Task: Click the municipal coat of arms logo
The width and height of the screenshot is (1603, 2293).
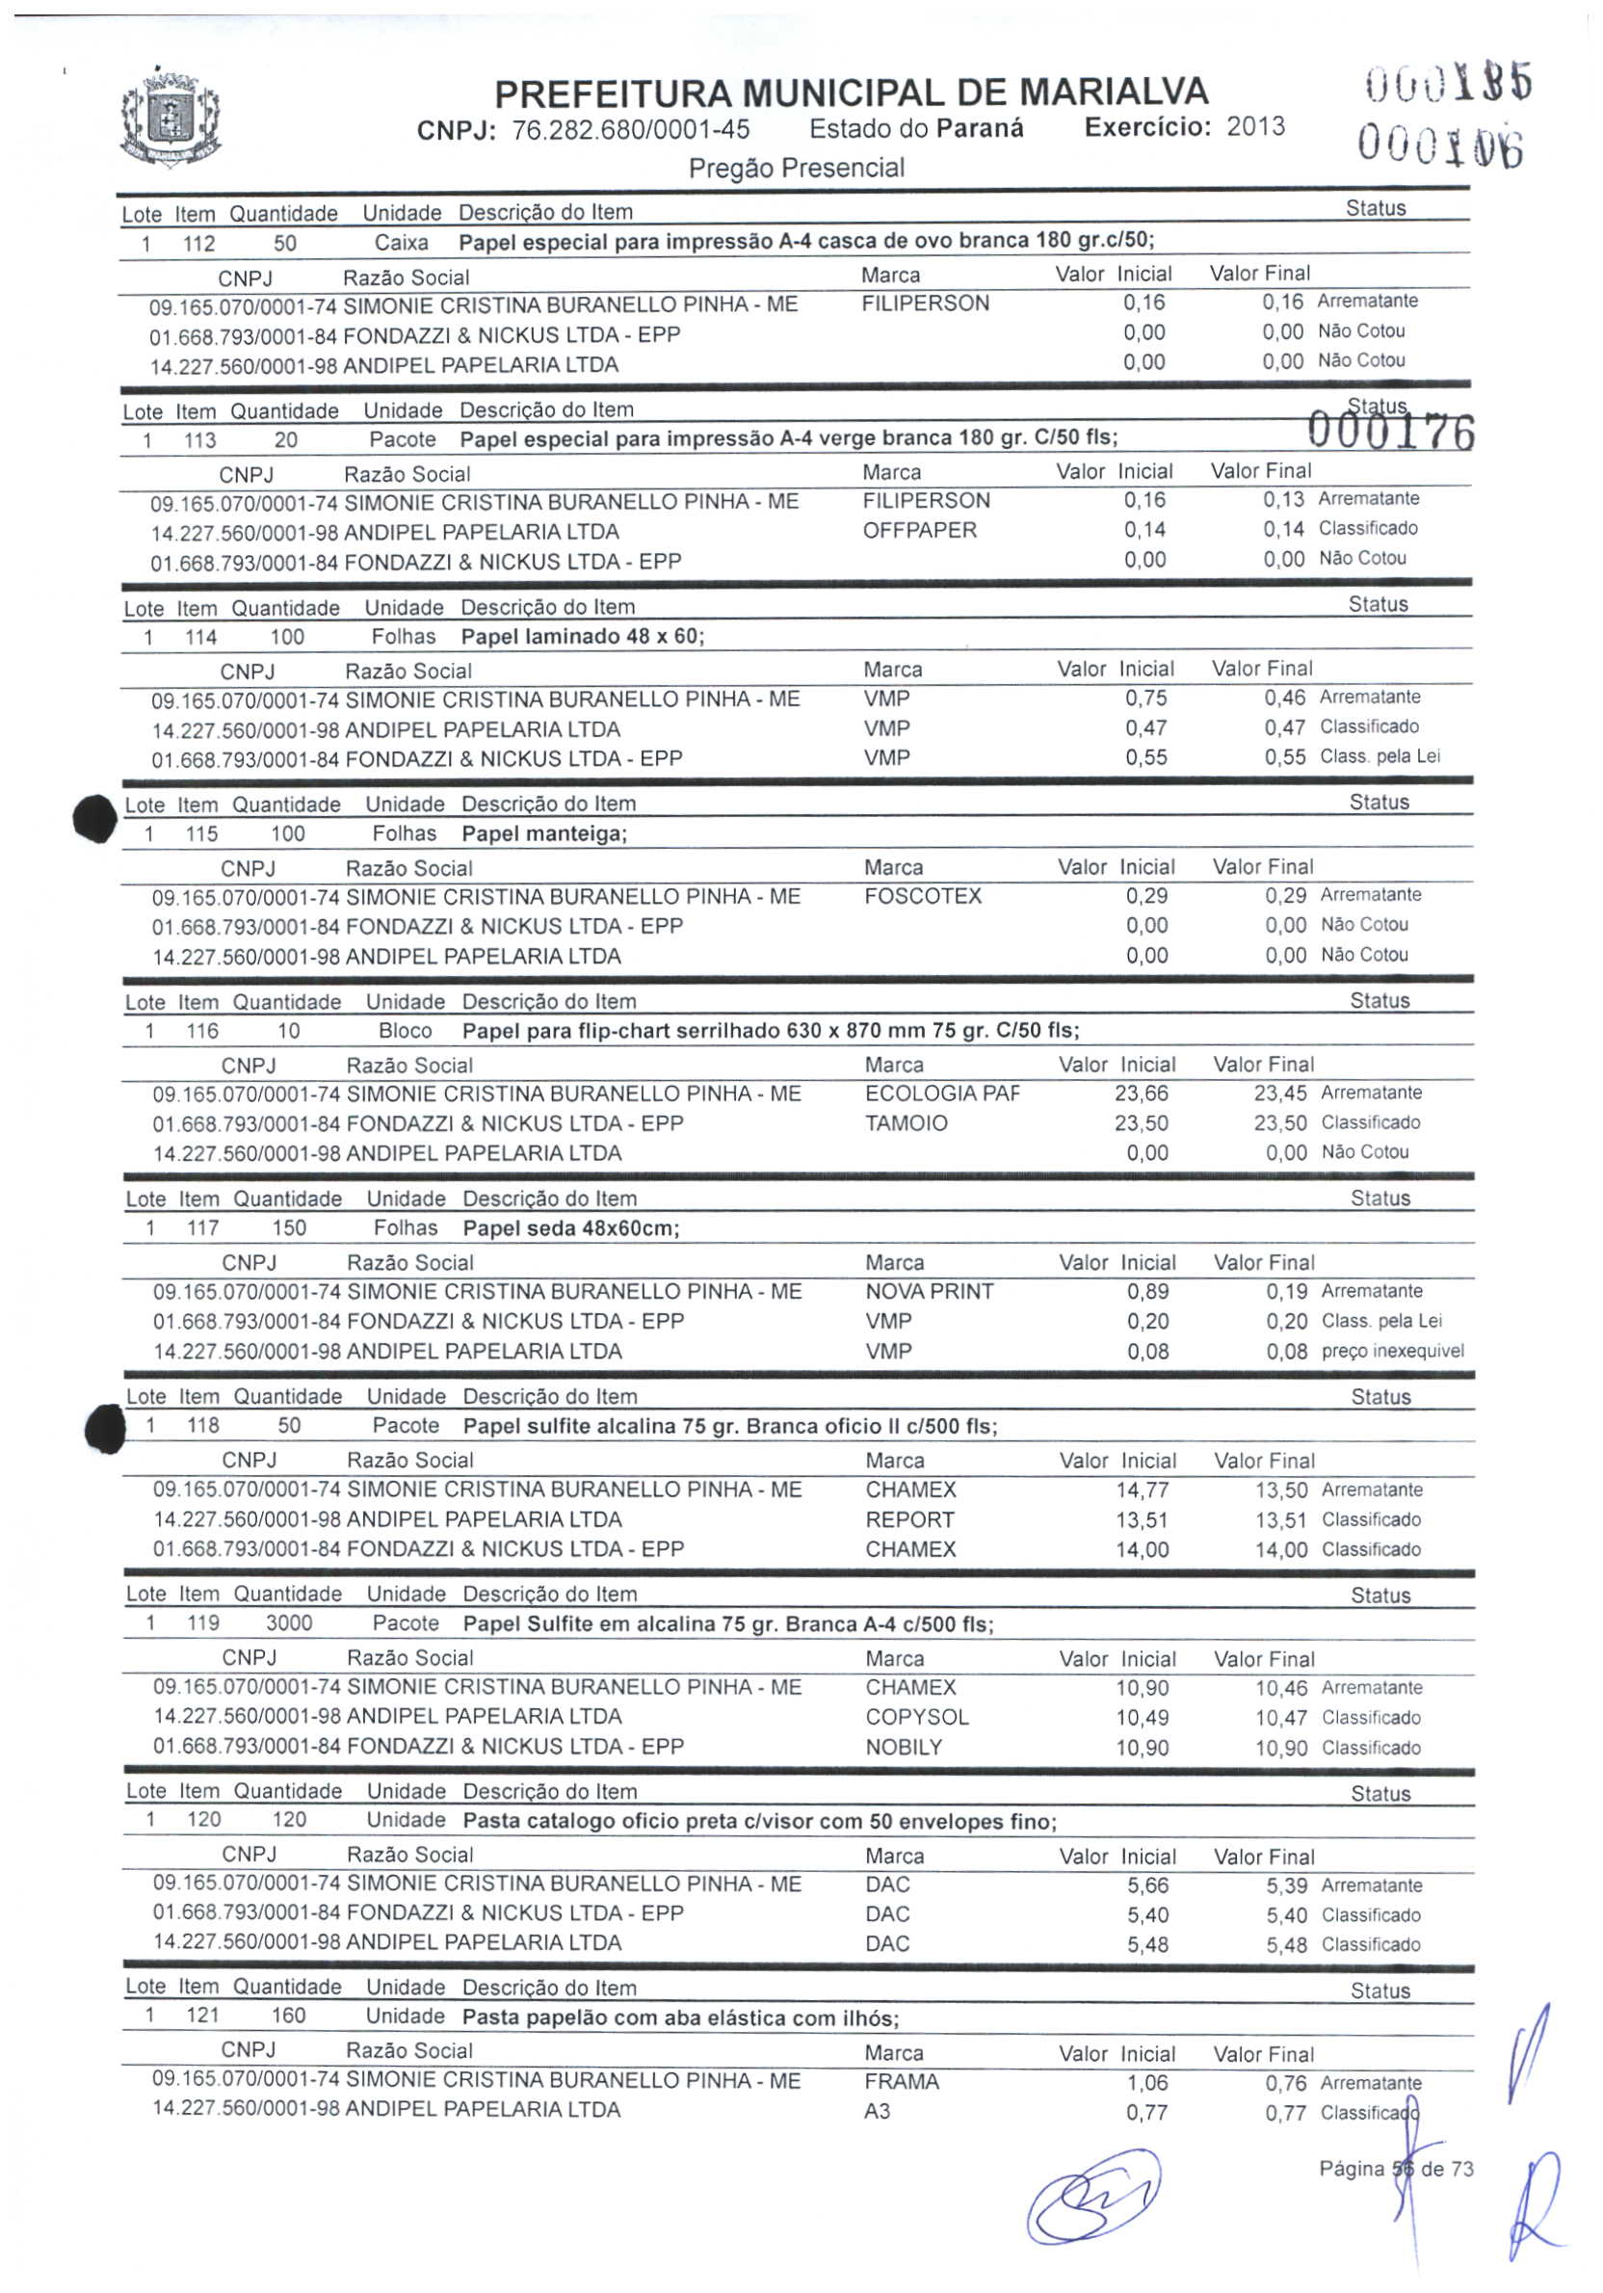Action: [x=170, y=118]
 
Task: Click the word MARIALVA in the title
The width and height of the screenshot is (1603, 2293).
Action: [x=1114, y=92]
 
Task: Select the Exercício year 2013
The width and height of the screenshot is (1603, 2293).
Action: [x=1255, y=127]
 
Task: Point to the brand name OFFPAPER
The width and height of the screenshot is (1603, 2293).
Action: [x=919, y=530]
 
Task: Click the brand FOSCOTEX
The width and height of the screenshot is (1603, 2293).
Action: [x=922, y=896]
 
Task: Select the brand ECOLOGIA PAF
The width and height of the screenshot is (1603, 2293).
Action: [x=942, y=1094]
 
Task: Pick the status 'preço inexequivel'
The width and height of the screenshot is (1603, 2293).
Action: [x=1392, y=1351]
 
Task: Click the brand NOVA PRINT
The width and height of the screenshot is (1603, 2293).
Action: [x=929, y=1291]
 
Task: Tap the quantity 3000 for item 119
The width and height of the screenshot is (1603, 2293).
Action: [x=289, y=1622]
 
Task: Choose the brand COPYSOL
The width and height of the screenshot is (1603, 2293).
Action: [x=917, y=1717]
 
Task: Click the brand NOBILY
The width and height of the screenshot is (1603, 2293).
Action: [x=903, y=1747]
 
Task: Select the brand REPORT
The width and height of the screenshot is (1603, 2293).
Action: [x=908, y=1519]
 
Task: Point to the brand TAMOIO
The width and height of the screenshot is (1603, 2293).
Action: [x=906, y=1123]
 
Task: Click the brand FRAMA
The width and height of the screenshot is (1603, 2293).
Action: [x=901, y=2081]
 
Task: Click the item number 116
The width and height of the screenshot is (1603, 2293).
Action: [x=201, y=1031]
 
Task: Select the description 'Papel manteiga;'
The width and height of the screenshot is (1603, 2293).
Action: [x=544, y=834]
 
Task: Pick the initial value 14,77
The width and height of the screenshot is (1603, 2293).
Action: [x=1142, y=1490]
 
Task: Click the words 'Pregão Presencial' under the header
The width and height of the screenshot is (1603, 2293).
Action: [x=796, y=168]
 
